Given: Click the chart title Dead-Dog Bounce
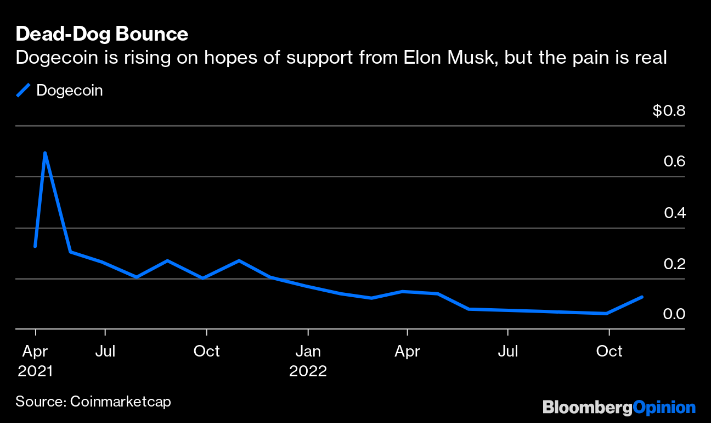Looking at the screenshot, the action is point(102,34).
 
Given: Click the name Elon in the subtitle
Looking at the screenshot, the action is point(422,58).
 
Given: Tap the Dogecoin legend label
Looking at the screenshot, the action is point(70,91).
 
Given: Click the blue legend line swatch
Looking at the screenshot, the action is point(23,90).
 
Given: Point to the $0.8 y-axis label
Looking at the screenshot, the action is point(669,110).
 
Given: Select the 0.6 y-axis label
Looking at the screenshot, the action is point(674,162).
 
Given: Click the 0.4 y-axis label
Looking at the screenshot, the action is point(675,213).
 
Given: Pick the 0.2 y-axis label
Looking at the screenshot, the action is point(674,264).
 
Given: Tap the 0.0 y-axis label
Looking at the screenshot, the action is point(674,314).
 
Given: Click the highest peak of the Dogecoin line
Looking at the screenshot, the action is point(45,153).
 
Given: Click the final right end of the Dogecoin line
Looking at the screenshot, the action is point(642,297).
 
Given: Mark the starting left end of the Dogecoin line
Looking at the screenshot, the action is point(35,246).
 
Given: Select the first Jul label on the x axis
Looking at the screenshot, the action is point(105,352).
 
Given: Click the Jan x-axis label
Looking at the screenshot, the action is point(308,352).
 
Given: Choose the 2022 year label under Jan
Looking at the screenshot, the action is point(308,371).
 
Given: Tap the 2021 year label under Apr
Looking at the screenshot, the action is point(35,371).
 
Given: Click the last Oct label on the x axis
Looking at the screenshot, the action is point(609,352).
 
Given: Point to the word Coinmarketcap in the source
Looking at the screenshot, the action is point(121,402).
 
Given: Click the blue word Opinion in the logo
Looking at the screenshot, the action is point(664,408).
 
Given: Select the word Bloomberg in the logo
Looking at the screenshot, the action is point(588,408).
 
